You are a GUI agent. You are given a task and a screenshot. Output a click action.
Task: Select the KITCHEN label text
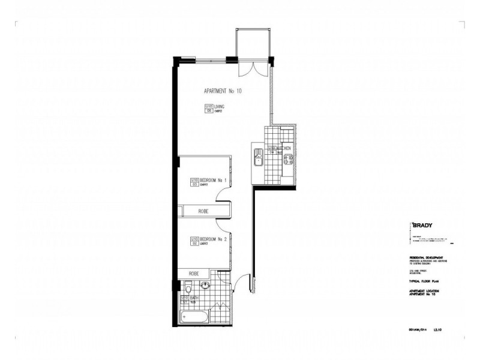tap(283, 148)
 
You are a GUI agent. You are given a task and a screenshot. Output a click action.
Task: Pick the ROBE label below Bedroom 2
tap(193, 273)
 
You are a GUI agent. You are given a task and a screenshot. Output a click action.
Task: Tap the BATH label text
tap(195, 297)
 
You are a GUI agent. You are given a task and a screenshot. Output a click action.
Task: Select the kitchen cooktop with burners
tap(287, 160)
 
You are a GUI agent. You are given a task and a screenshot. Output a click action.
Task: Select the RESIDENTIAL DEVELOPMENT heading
tap(427, 257)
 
